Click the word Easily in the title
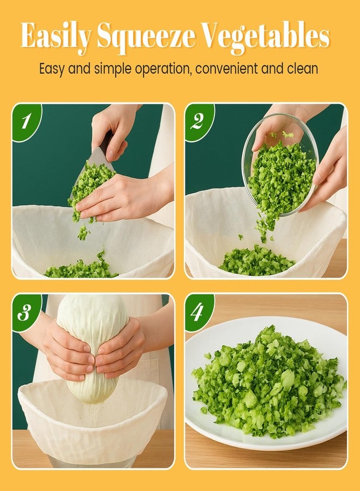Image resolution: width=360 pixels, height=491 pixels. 56,37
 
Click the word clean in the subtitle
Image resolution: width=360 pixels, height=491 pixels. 303,69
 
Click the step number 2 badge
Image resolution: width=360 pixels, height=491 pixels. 197,121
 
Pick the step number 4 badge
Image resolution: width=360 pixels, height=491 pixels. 197,312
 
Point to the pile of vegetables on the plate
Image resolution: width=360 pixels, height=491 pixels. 267,382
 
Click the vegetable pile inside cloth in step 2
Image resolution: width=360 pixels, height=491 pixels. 256,261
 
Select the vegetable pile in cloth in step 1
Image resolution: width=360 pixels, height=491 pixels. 82,268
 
